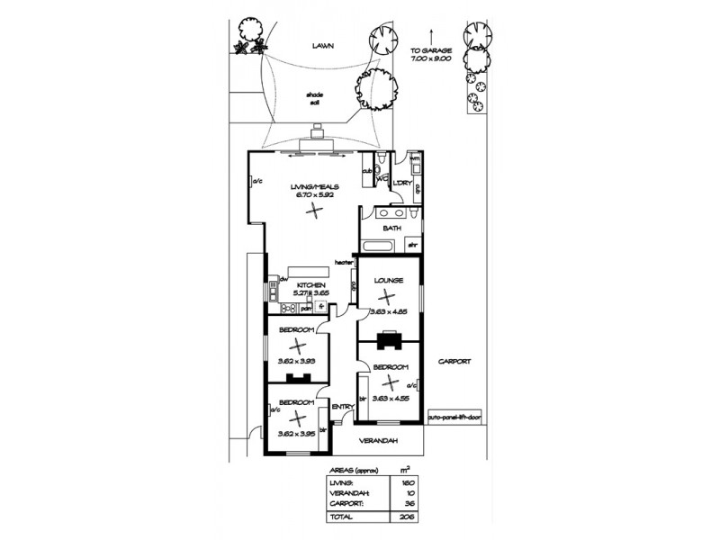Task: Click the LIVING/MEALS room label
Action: (314, 186)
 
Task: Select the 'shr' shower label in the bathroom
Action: (414, 243)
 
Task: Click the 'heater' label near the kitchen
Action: (342, 262)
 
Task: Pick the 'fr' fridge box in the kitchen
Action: (319, 307)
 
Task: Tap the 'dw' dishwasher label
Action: (283, 280)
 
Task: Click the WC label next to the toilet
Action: (382, 178)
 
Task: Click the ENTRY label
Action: (343, 407)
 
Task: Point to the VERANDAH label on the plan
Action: (377, 441)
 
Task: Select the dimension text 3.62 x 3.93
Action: (296, 362)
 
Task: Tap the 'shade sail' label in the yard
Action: (314, 98)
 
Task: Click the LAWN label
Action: (323, 45)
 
